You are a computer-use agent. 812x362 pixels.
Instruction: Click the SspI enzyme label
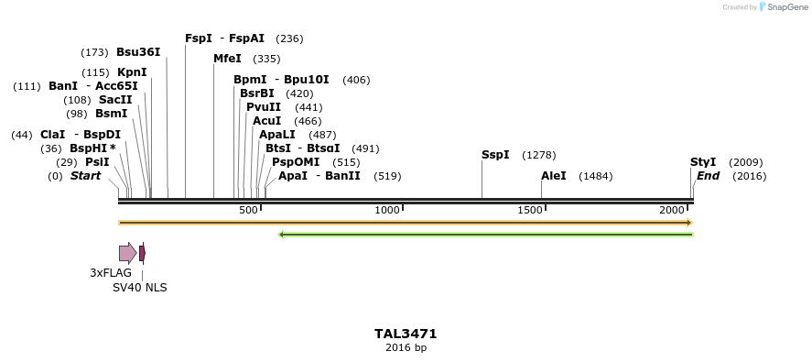[x=495, y=155]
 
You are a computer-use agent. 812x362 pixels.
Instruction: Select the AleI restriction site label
[x=554, y=176]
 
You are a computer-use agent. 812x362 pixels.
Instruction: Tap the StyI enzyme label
[x=703, y=162]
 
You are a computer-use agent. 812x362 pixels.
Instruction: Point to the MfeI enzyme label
[x=227, y=59]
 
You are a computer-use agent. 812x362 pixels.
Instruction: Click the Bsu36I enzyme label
[x=138, y=52]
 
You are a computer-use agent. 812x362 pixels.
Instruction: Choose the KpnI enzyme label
[x=132, y=72]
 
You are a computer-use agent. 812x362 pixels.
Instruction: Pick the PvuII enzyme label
[x=264, y=107]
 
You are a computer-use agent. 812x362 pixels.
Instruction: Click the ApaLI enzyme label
[x=275, y=135]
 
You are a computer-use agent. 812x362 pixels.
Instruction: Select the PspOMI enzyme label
[x=296, y=162]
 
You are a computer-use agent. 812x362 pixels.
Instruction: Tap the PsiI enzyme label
[x=97, y=162]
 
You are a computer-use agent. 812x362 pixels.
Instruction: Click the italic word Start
[x=86, y=176]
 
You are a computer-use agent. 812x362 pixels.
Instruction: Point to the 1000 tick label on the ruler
[x=388, y=211]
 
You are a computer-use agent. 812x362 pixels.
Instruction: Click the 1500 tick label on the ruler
[x=530, y=211]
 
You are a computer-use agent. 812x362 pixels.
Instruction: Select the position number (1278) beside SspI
[x=538, y=155]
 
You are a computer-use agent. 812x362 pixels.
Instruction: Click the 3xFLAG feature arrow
[x=127, y=253]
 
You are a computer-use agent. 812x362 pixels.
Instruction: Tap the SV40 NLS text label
[x=140, y=287]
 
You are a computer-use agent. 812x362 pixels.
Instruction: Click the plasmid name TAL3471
[x=406, y=335]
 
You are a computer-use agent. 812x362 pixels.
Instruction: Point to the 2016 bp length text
[x=406, y=348]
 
